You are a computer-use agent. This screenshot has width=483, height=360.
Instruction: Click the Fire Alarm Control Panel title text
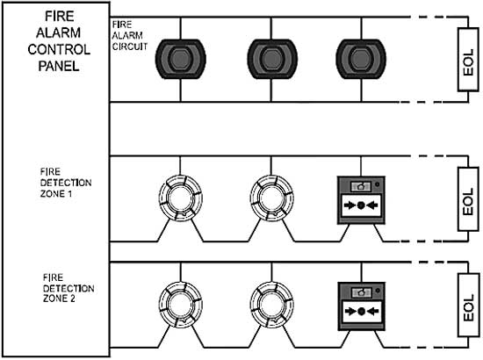(x=59, y=41)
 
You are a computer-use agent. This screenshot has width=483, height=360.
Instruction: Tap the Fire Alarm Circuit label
(x=129, y=35)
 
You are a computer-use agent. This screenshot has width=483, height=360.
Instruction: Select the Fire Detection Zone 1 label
(x=66, y=183)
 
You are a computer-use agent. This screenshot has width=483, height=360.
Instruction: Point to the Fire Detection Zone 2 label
(x=68, y=288)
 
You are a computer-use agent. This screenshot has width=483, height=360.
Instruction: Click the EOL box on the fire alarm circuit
(x=468, y=60)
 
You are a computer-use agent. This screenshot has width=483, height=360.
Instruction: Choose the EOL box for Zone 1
(x=468, y=199)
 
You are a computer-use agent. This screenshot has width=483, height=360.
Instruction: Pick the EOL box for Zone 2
(x=468, y=306)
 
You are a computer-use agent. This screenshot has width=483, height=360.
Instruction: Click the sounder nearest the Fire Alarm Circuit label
(x=181, y=59)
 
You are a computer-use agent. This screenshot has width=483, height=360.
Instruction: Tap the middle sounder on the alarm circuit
(x=272, y=59)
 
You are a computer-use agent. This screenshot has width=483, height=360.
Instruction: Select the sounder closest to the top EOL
(x=361, y=59)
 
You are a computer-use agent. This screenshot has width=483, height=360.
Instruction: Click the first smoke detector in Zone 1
(x=181, y=198)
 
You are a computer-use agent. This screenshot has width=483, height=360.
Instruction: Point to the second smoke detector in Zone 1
(x=271, y=198)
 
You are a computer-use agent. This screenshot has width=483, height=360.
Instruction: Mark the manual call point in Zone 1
(x=361, y=200)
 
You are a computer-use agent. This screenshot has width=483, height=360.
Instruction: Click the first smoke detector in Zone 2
(x=181, y=305)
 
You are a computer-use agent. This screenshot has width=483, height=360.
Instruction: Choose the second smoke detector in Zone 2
(x=271, y=305)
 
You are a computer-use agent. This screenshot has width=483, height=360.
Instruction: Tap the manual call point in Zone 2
(x=361, y=306)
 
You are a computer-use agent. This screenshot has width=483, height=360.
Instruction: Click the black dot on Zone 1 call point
(x=361, y=205)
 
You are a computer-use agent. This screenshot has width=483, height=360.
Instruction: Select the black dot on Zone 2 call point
(x=362, y=312)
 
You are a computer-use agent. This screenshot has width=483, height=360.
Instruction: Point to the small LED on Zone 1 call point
(x=378, y=184)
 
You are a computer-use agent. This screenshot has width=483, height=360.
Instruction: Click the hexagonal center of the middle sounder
(x=272, y=59)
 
